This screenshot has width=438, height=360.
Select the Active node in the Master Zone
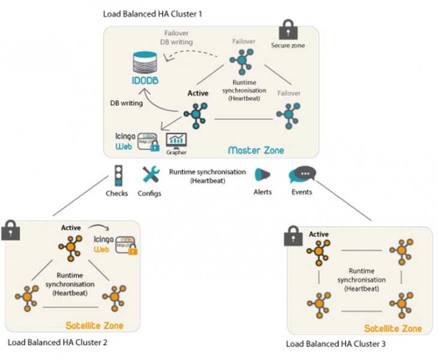point(197,114)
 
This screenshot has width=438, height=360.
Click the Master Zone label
point(256,150)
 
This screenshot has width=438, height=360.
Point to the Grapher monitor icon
point(177,140)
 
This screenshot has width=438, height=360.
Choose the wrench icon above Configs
point(149,175)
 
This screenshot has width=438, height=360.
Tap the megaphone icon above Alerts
point(262,175)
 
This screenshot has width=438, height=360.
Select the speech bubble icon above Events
point(301,175)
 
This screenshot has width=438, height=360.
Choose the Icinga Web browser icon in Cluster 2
point(127,245)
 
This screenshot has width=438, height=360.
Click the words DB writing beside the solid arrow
point(126,103)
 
